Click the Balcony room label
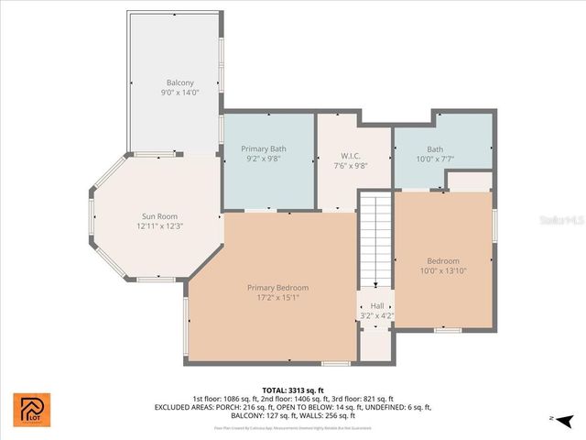[179, 82]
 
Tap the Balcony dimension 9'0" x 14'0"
[179, 93]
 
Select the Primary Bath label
[264, 148]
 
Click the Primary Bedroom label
[277, 287]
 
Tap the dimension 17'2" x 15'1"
[277, 297]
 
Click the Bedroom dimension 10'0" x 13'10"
[443, 271]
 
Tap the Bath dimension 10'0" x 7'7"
[434, 159]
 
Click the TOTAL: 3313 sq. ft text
[292, 390]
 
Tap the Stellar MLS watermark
[560, 221]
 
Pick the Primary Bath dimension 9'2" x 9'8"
[264, 159]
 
